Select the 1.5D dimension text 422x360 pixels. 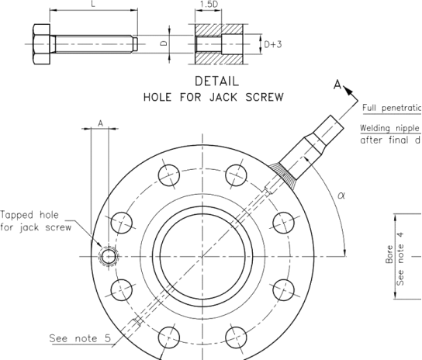(x=209, y=5)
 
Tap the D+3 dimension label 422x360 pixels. (x=273, y=45)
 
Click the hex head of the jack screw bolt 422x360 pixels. (x=40, y=42)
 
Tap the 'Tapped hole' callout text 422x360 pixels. (x=29, y=215)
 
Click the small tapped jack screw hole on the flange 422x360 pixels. (x=109, y=256)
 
